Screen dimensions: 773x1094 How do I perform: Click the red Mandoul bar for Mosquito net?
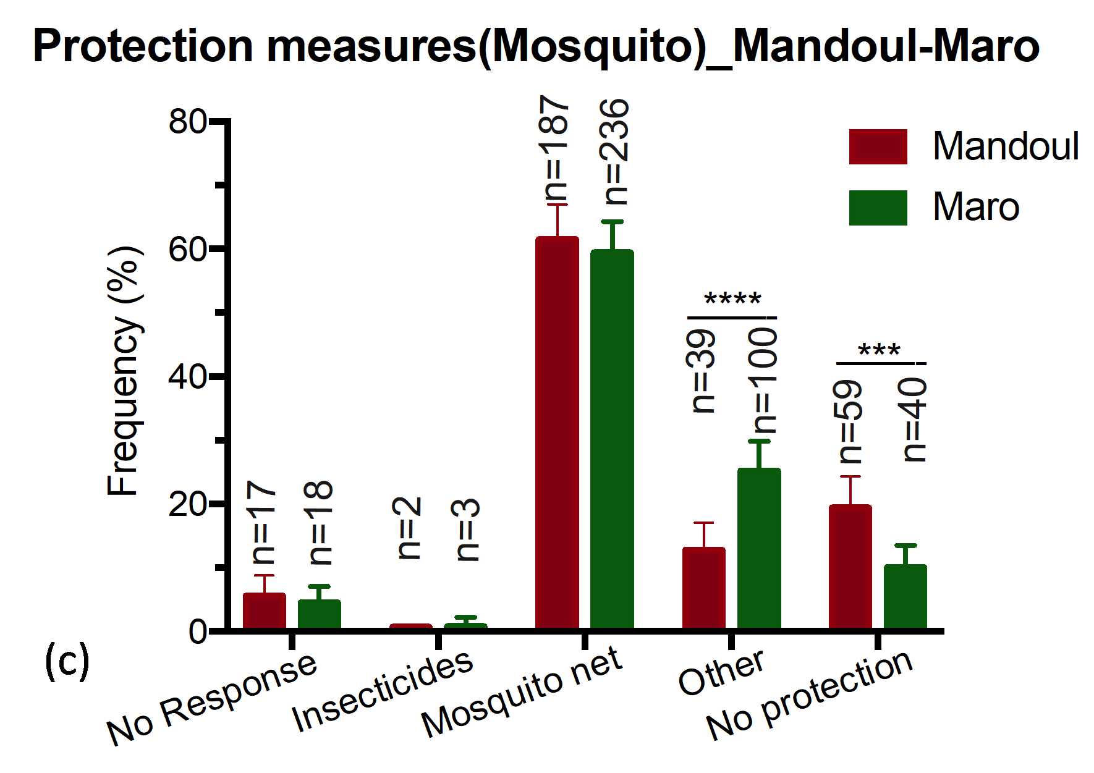click(557, 433)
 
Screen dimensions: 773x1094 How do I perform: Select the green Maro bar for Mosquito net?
click(612, 439)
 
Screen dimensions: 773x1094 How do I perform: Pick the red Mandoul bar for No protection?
click(850, 567)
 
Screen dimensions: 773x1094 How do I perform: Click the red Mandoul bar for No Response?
click(264, 611)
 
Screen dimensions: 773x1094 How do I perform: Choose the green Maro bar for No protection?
click(905, 597)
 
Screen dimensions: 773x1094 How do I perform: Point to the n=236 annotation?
click(616, 151)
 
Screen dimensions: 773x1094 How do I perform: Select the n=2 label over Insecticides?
click(408, 528)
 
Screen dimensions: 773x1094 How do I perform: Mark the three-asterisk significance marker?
click(879, 351)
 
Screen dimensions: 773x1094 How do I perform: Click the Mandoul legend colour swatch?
click(878, 146)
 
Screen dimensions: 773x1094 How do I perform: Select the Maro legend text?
click(975, 207)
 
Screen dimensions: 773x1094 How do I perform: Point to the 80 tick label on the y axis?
click(187, 122)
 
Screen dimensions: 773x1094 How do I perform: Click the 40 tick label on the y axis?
click(187, 377)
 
